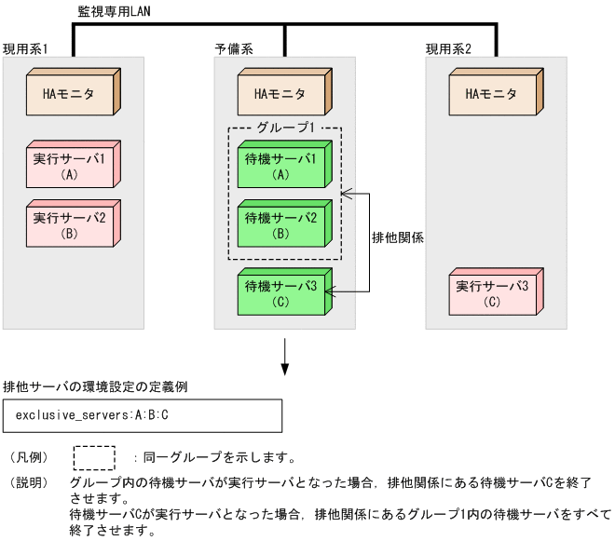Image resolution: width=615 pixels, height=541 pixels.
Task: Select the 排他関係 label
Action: [x=398, y=237]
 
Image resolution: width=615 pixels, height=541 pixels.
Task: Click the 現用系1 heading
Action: [x=25, y=47]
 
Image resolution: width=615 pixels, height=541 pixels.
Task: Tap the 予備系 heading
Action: [x=233, y=47]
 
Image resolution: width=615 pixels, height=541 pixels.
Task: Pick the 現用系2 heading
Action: [x=448, y=47]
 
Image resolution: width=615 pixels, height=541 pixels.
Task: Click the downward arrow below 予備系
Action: [x=284, y=358]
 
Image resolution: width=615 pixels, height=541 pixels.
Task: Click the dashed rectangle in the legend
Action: [x=94, y=457]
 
